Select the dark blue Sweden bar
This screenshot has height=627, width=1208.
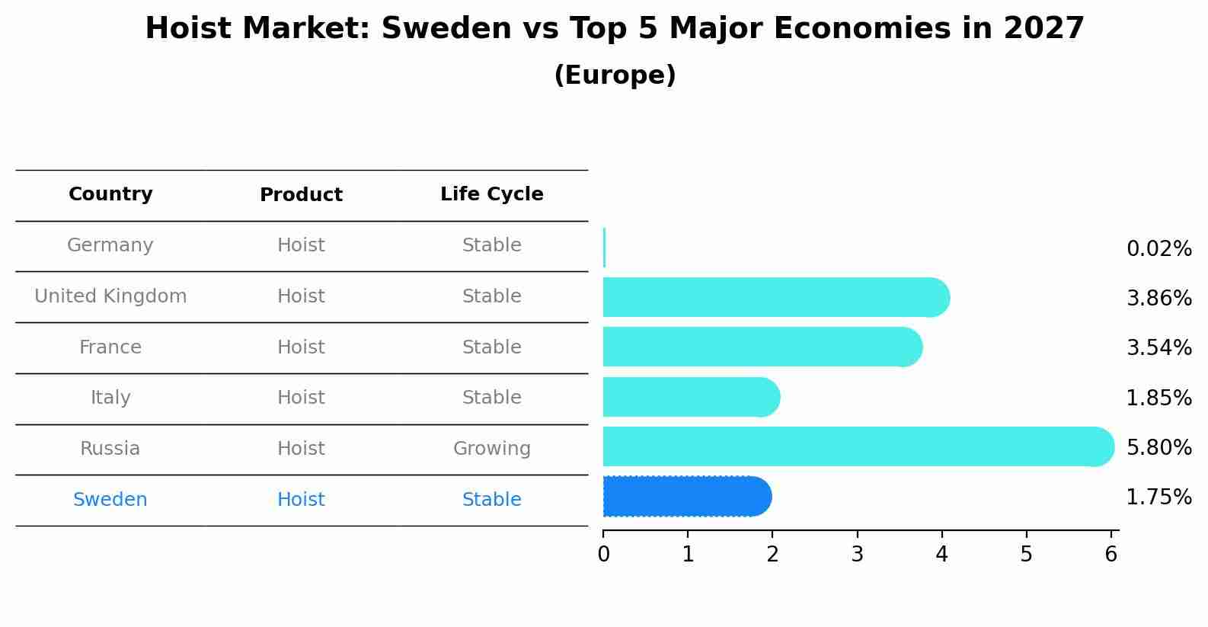point(685,497)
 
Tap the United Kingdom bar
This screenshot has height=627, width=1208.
point(773,297)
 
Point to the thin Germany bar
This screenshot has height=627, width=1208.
point(604,248)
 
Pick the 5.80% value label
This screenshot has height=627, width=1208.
point(1158,447)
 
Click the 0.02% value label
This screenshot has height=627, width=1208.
point(1158,249)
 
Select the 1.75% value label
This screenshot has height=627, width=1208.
point(1158,497)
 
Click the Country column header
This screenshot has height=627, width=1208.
point(110,194)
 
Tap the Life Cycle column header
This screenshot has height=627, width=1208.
point(491,194)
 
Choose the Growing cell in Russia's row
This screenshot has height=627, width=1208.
point(491,449)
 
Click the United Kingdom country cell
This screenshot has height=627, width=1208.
point(110,296)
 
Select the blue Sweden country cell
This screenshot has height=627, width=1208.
point(110,500)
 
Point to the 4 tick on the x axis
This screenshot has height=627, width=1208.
point(941,555)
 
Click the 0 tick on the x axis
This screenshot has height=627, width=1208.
point(603,555)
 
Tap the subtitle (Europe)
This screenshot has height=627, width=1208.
point(615,75)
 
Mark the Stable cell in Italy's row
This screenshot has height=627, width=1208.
point(491,398)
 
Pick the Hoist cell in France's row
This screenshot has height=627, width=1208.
point(301,347)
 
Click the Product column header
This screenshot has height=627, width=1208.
point(301,195)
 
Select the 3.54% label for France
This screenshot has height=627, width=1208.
point(1158,348)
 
